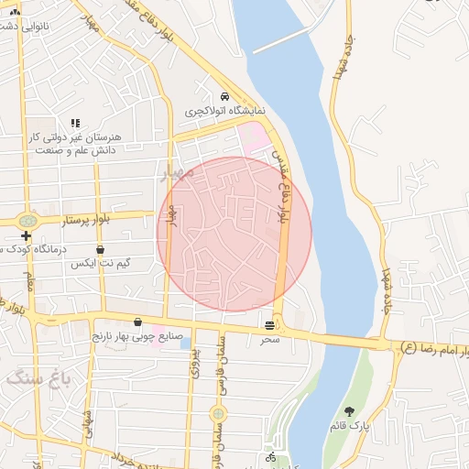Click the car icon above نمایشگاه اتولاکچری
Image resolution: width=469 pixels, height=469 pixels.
(224, 96)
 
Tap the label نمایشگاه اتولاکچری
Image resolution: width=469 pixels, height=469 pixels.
(224, 110)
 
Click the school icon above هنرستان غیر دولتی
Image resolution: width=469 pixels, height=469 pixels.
(75, 122)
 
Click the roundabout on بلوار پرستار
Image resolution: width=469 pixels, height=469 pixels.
(27, 221)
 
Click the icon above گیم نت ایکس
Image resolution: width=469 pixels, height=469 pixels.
(100, 249)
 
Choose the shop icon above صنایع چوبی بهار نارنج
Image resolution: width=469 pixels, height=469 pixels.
(138, 322)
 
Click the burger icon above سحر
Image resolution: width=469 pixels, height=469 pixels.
(269, 324)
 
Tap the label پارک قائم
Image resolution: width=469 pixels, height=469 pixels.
(349, 427)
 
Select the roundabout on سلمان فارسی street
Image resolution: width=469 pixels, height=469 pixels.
(218, 414)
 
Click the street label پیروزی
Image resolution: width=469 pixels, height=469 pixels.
(195, 365)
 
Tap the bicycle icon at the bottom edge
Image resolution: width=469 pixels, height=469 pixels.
(270, 456)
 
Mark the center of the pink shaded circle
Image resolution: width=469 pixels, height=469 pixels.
(234, 234)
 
